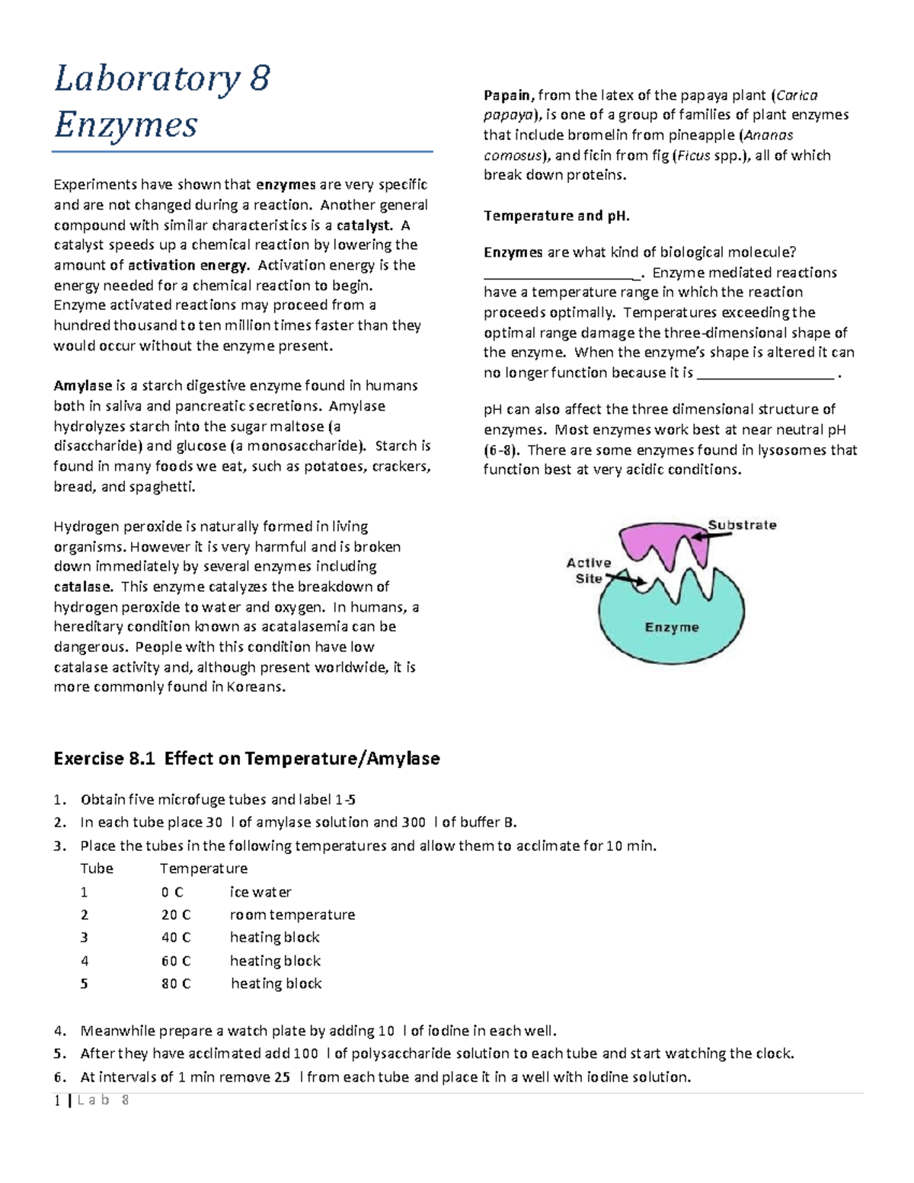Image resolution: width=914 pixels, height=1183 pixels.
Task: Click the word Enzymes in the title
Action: [126, 125]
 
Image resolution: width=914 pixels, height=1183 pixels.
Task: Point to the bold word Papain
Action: [509, 95]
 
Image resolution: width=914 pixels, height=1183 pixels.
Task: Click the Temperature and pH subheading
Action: [556, 216]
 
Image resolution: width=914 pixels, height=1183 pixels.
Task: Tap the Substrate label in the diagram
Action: [742, 525]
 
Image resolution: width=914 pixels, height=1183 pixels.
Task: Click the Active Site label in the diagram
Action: [588, 571]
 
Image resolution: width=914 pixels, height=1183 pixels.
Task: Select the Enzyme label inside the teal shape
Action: [671, 628]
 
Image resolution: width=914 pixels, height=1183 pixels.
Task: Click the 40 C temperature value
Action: [175, 938]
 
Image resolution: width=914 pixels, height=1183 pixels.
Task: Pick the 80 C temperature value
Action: [175, 984]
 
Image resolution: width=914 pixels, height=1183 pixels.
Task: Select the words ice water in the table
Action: [260, 892]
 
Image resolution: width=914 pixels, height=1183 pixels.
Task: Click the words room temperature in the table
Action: [292, 915]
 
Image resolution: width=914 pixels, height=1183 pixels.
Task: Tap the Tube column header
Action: [97, 868]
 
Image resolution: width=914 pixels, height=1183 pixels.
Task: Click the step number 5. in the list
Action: [60, 1054]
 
